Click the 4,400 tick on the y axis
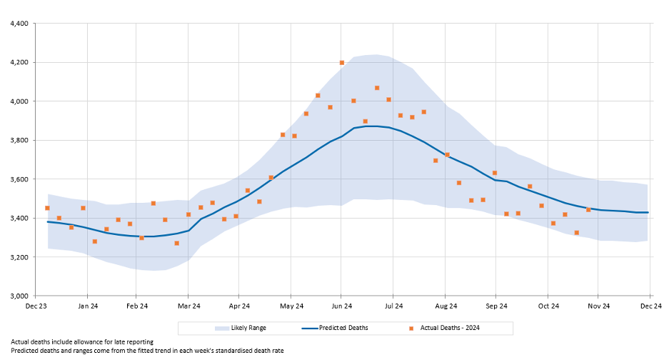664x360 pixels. pyautogui.click(x=17, y=24)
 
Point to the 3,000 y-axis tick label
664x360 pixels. pyautogui.click(x=17, y=296)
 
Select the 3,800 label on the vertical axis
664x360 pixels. pyautogui.click(x=17, y=140)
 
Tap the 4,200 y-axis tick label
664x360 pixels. pyautogui.click(x=17, y=62)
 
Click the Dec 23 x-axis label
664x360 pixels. pyautogui.click(x=36, y=306)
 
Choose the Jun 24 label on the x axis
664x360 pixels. pyautogui.click(x=342, y=306)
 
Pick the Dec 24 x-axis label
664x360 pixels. pyautogui.click(x=650, y=306)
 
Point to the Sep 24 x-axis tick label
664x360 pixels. pyautogui.click(x=496, y=306)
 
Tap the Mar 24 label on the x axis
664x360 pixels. pyautogui.click(x=188, y=306)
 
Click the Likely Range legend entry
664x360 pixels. pyautogui.click(x=247, y=328)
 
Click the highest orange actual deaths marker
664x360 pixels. pyautogui.click(x=342, y=63)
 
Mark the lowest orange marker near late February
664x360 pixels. pyautogui.click(x=176, y=244)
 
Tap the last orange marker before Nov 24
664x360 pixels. pyautogui.click(x=588, y=209)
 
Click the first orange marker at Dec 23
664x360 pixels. pyautogui.click(x=47, y=208)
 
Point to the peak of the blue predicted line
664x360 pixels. pyautogui.click(x=371, y=126)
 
